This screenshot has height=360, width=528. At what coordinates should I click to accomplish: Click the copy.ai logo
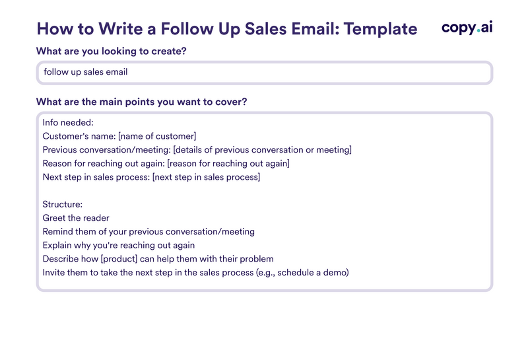point(467,28)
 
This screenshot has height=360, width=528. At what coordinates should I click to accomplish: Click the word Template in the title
point(381,29)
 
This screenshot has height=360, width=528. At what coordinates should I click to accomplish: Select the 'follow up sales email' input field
point(264,72)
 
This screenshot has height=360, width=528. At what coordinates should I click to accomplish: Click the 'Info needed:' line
point(68,122)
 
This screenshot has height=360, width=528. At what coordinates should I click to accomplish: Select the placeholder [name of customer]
point(156,136)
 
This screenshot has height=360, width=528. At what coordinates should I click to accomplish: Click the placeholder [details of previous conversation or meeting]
point(262,150)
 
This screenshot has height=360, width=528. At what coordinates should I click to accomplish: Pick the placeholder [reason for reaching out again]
point(228,163)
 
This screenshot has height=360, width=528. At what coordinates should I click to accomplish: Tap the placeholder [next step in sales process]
point(206,177)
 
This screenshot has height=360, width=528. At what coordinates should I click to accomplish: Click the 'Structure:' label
point(62,204)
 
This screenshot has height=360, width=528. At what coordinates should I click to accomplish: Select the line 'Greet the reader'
point(76,218)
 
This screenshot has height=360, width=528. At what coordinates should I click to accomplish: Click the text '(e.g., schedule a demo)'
point(302,272)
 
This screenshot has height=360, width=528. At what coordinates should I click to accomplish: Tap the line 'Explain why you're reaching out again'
point(118,245)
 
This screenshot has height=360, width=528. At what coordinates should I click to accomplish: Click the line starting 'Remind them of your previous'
point(148,232)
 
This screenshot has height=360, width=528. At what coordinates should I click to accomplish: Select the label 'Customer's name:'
point(79,136)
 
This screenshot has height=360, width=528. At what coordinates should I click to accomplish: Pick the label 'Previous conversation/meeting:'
point(106,150)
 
